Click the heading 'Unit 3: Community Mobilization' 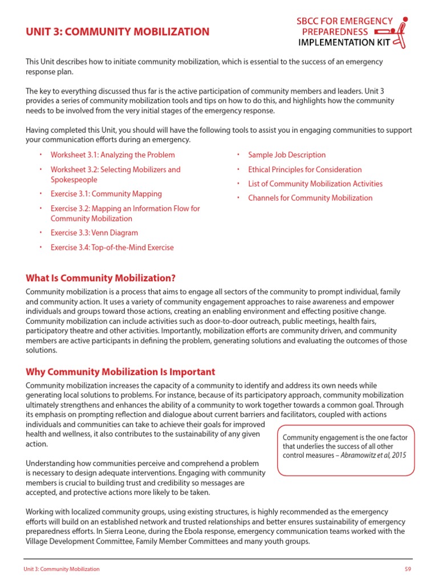point(117,32)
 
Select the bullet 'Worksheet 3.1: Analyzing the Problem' point(112,155)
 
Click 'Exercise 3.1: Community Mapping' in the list point(106,194)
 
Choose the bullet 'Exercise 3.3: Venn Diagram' point(94,233)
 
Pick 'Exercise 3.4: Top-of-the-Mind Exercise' point(112,248)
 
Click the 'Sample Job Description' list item point(287,155)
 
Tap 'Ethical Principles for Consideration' point(305,169)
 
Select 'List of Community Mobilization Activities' point(315,184)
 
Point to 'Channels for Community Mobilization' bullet point(310,198)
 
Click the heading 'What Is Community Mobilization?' point(100,278)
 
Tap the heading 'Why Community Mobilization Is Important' point(120,372)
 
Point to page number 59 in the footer point(408,569)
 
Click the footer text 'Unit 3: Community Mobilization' point(62,569)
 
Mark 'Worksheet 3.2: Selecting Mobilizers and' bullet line point(115,169)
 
